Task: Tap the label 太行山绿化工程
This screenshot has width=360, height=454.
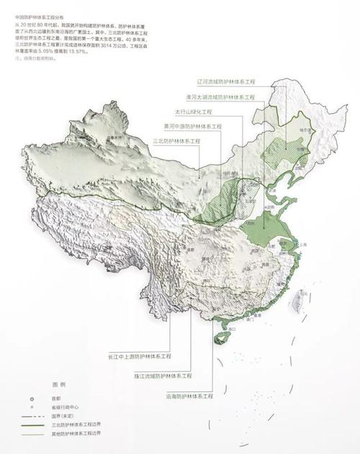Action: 195,112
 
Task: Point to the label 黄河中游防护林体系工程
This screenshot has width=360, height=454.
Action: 192,127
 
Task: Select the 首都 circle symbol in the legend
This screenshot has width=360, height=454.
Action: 31,398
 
